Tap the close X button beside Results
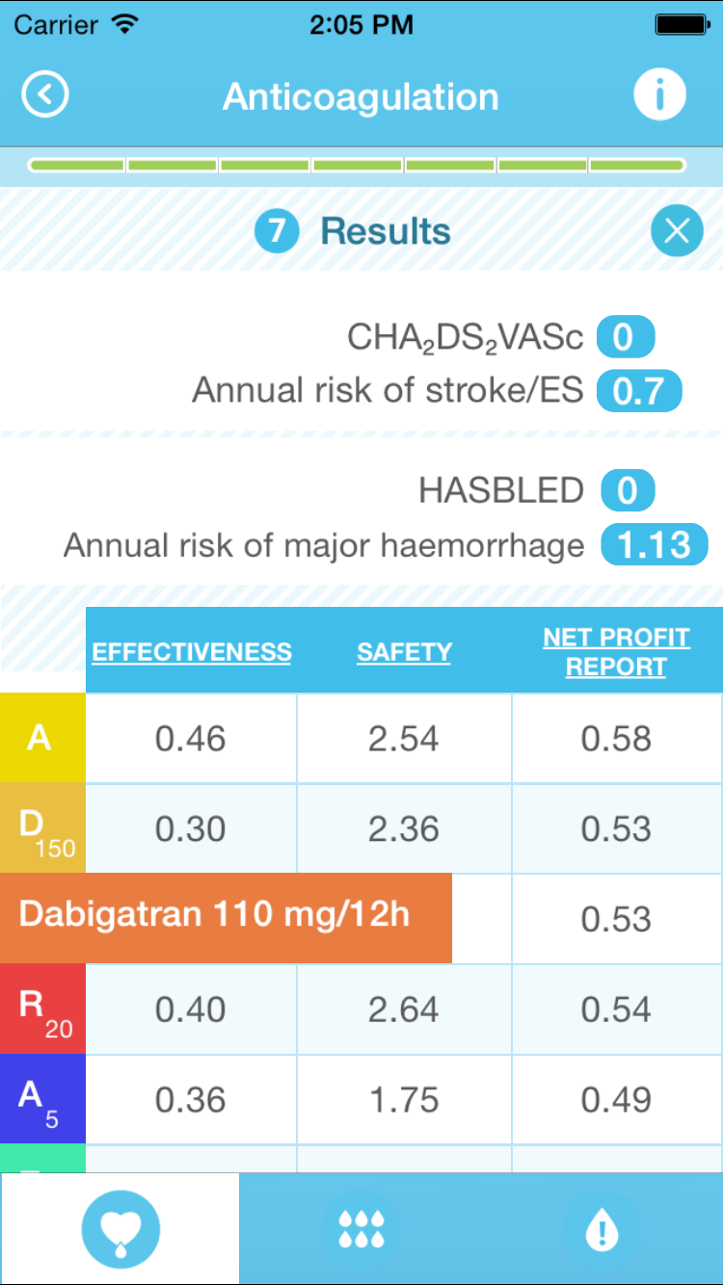coord(677,231)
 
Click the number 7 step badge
coord(277,231)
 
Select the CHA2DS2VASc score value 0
coord(625,338)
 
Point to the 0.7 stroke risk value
coord(639,391)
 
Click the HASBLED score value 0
coord(627,491)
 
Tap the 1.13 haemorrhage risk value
coord(654,545)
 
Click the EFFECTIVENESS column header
coord(192,652)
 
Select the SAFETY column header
coord(404,652)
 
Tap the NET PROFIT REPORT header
coord(616,652)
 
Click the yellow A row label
coord(42,738)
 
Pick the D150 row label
coord(42,828)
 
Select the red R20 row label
coord(42,1009)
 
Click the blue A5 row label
coord(42,1099)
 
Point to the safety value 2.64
coord(404,1010)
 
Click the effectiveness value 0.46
coord(191,739)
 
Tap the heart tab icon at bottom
coord(120,1229)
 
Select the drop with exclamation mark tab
coord(602,1229)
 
